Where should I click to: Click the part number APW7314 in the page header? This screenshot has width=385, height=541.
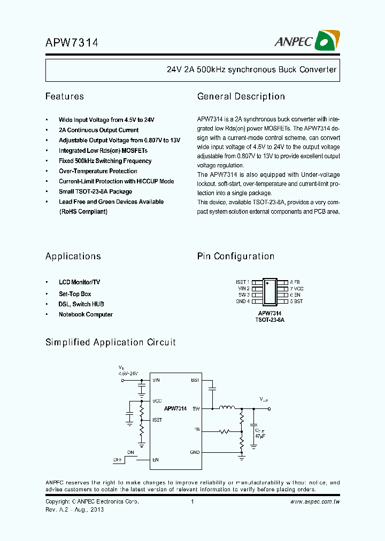pos(71,43)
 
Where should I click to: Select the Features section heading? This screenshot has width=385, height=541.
pos(64,97)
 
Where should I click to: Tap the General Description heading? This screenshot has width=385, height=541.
pos(241,97)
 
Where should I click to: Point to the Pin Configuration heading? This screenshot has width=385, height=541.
pos(235,257)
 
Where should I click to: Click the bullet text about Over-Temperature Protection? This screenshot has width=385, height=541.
pos(98,171)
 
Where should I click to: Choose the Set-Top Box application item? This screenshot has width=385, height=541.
pos(75,294)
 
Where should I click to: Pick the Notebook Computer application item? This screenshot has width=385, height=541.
pos(86,314)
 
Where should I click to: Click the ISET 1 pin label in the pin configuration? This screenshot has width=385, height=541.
pos(242,282)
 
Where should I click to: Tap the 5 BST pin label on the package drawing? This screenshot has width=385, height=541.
pos(296,302)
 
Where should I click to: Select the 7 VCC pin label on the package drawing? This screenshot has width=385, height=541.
pos(297,288)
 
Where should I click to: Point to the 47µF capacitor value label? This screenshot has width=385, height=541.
pos(260,437)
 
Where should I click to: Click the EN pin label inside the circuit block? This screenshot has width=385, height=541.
pos(156,459)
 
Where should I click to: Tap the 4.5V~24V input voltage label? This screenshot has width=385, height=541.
pos(128,373)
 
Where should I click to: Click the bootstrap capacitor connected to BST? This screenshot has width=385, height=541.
pos(212,387)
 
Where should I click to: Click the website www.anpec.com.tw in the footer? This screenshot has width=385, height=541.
pos(315,502)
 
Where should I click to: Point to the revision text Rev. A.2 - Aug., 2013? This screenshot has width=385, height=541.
pos(74,509)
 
